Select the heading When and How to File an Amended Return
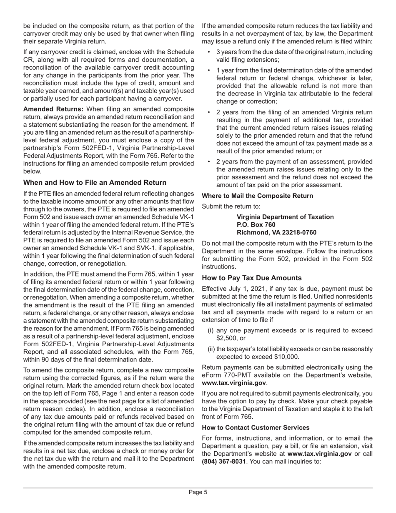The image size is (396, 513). pos(95,183)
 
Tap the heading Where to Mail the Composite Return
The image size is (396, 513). pos(257,196)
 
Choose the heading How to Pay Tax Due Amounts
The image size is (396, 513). pos(252,278)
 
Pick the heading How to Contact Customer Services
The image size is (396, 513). pos(256,427)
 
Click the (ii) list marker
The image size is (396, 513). pos(211,349)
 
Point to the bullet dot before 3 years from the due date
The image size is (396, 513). pos(209,52)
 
